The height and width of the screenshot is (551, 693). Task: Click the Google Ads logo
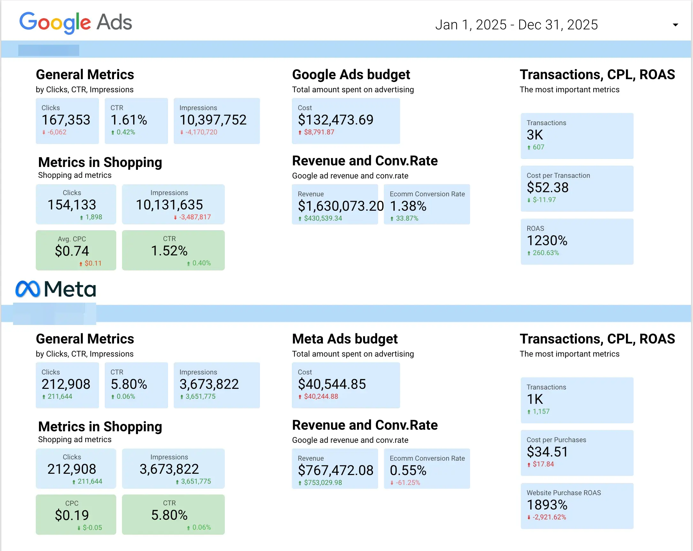(x=76, y=22)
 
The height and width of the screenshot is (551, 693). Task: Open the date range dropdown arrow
(x=675, y=25)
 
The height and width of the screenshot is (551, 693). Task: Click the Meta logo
(x=56, y=289)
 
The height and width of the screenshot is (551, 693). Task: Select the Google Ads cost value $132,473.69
(x=335, y=120)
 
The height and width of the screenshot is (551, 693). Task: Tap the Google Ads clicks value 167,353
(x=66, y=120)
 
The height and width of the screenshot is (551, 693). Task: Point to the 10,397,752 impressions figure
(x=213, y=120)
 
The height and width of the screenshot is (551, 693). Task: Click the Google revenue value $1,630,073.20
(x=340, y=206)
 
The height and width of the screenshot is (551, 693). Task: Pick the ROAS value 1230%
(x=547, y=240)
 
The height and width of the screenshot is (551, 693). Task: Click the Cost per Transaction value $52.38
(x=547, y=187)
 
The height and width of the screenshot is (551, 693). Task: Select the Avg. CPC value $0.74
(x=72, y=251)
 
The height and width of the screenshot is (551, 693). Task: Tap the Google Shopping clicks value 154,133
(x=72, y=205)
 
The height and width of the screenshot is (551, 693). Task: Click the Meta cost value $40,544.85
(x=332, y=384)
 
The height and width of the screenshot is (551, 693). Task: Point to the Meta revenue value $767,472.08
(x=335, y=470)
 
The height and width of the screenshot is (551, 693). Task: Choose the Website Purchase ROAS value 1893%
(x=547, y=505)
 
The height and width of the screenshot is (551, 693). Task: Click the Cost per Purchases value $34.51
(x=547, y=452)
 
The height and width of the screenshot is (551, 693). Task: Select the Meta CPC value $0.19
(x=72, y=515)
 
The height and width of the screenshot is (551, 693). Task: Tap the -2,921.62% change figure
(x=549, y=517)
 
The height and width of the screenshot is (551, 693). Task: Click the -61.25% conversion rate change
(x=407, y=483)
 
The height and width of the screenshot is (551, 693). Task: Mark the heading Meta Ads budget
(x=345, y=339)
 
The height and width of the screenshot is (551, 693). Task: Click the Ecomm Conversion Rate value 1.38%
(x=407, y=206)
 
